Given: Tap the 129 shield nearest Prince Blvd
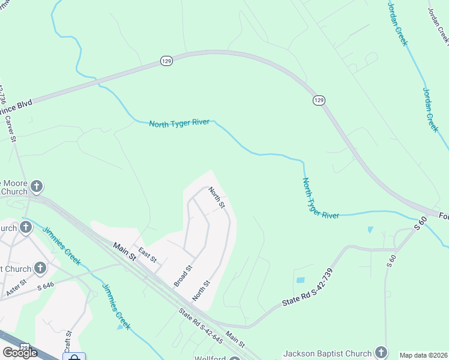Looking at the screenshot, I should click(x=166, y=61).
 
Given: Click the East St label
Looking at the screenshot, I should click(x=147, y=255).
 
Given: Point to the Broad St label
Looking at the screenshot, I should click(x=183, y=275).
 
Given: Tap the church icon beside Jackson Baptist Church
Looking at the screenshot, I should click(x=381, y=352).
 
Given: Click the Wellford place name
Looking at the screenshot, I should click(x=209, y=358).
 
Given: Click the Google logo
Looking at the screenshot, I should click(x=20, y=353).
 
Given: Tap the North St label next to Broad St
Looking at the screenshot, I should click(x=201, y=291).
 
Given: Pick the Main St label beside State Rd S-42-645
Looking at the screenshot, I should click(x=235, y=340).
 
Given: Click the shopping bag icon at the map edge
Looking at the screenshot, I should click(x=74, y=358).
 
